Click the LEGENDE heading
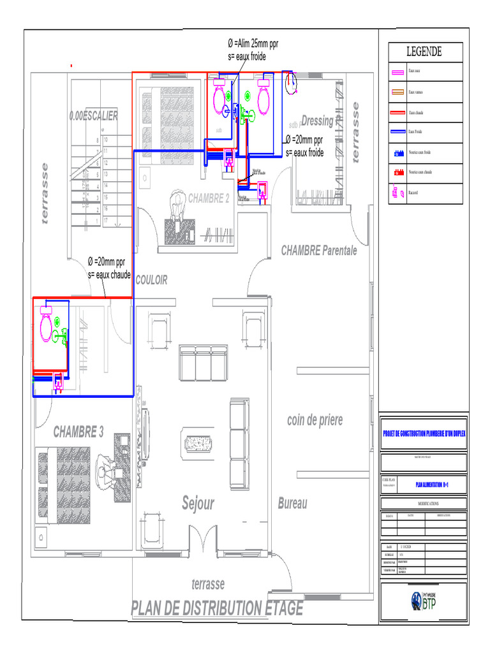tap(424, 52)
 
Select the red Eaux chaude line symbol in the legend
tap(398, 113)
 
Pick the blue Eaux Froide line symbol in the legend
tap(398, 132)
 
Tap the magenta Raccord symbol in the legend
tap(398, 192)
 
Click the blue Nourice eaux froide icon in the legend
tap(398, 153)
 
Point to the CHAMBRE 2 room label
tap(209, 198)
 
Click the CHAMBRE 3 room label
tap(78, 432)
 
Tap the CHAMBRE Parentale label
tap(319, 251)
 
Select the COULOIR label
tap(151, 281)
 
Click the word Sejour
tap(198, 503)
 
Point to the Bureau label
tap(292, 504)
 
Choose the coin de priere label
tap(315, 420)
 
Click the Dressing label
tap(318, 121)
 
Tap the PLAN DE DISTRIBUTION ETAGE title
tap(217, 608)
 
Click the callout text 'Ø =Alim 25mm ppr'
tap(253, 44)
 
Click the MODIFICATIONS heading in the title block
tap(424, 503)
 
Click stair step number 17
tap(105, 219)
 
